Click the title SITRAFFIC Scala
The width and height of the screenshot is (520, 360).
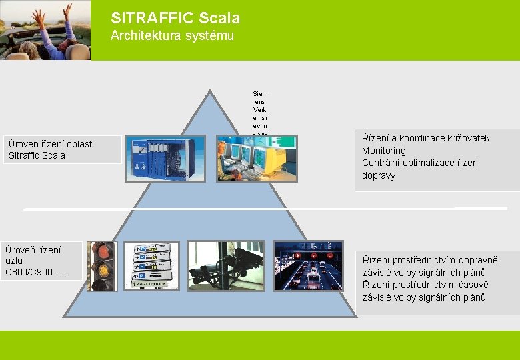[175, 18]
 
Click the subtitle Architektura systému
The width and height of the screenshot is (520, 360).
[172, 36]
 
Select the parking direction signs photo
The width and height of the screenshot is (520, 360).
[152, 265]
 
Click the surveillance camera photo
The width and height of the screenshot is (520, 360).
[225, 265]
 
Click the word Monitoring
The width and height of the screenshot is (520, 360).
[383, 151]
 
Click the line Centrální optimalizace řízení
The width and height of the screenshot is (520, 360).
[421, 163]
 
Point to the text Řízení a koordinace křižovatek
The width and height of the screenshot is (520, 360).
[425, 138]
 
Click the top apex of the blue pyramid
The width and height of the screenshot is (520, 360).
[211, 92]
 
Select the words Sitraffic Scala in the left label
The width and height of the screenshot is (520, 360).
[37, 155]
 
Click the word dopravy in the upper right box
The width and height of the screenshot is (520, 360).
[379, 175]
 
